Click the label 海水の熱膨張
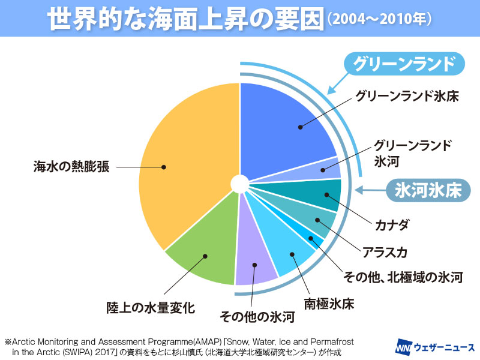click(71, 167)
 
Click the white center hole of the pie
click(239, 183)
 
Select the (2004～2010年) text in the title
click(378, 19)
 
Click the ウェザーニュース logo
click(435, 347)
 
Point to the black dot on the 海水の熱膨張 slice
click(163, 167)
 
